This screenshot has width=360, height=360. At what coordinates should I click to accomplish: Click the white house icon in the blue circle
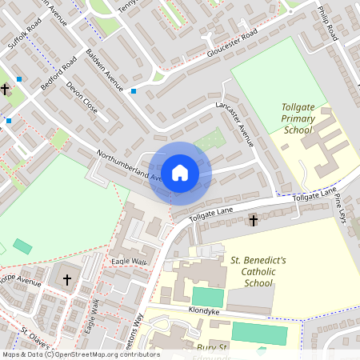180,172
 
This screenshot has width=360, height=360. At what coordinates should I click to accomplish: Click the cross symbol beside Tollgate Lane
254,219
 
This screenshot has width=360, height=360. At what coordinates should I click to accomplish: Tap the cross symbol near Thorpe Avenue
66,280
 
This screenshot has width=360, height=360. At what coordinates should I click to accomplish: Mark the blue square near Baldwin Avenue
133,91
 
